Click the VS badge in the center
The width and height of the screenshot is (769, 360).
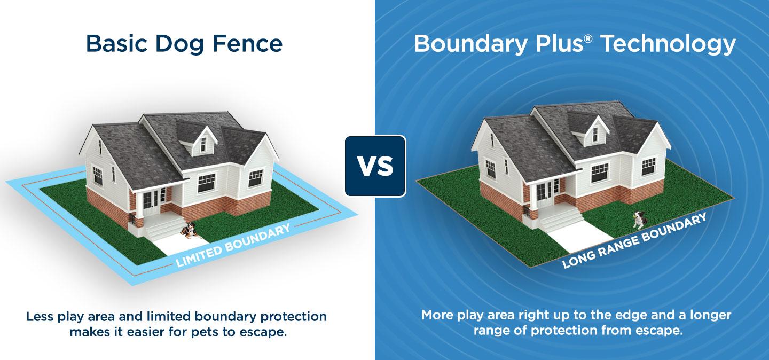pos(375,166)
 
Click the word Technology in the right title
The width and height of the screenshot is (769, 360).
pos(668,44)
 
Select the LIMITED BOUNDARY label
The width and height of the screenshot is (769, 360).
pos(233,245)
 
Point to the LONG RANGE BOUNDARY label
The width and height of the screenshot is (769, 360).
pos(634,240)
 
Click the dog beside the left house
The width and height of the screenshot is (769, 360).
pos(187,230)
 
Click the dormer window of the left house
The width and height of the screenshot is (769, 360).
pos(203,143)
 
